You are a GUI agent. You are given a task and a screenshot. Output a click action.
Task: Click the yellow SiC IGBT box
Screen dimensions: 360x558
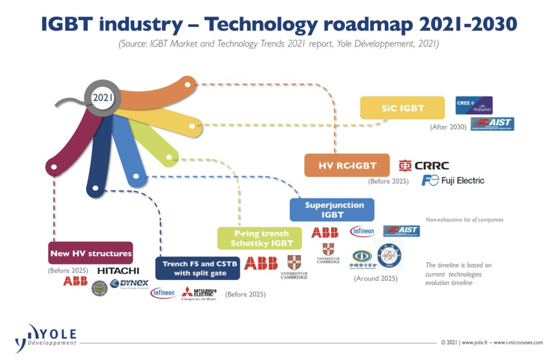tap(402, 108)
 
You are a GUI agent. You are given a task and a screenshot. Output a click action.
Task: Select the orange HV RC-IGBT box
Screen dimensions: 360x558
tap(347, 165)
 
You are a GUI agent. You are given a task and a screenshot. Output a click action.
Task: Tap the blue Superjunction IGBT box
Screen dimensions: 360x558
tap(332, 209)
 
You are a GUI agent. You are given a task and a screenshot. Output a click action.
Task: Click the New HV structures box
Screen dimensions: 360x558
tap(91, 253)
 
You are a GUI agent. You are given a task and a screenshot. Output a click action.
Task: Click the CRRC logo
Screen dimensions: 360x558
tap(424, 165)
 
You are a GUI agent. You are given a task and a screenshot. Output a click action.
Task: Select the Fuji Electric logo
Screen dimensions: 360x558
tap(453, 180)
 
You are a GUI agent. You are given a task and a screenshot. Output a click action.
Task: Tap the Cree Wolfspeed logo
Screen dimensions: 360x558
tap(474, 105)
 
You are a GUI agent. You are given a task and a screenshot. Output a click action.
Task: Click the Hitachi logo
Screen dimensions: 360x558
tap(118, 271)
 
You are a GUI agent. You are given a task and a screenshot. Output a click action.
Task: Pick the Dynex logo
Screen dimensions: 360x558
tap(129, 284)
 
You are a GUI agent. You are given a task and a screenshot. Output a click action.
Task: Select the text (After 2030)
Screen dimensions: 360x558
tap(448, 127)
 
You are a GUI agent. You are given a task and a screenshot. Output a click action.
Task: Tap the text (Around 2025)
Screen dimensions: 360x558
tap(376, 278)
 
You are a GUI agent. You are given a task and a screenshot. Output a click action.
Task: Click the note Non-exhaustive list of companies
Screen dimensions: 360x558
tap(464, 220)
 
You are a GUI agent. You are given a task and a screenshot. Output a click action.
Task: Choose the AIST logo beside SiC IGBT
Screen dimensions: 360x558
tap(492, 124)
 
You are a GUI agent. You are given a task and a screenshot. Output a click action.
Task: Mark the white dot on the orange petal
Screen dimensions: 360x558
tap(188, 84)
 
